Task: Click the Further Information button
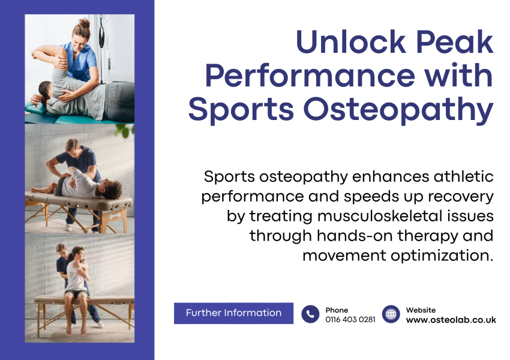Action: [x=233, y=313]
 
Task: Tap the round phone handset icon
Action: [x=310, y=314]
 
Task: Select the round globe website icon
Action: [x=391, y=314]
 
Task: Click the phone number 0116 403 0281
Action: [x=350, y=320]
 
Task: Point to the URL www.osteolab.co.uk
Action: [x=451, y=320]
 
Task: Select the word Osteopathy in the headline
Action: [x=398, y=109]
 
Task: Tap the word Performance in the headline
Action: [x=310, y=76]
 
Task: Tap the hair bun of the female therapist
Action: [x=84, y=23]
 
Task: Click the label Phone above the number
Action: [x=337, y=310]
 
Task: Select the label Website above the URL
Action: [x=421, y=310]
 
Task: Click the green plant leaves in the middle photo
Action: [x=125, y=130]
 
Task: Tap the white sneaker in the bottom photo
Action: [x=100, y=324]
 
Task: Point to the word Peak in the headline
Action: [x=455, y=42]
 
